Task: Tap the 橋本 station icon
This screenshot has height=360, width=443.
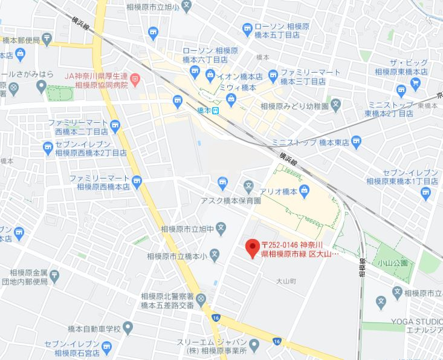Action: click(216, 111)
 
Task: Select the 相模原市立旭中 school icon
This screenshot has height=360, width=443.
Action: click(221, 229)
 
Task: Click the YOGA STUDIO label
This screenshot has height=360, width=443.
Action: click(416, 320)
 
